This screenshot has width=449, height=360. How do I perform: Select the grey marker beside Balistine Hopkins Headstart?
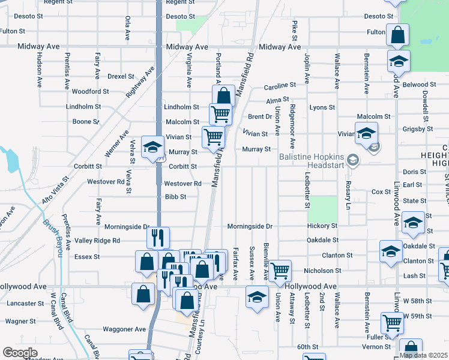pyautogui.click(x=353, y=159)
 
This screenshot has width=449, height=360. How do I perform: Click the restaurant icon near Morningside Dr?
pyautogui.click(x=158, y=237)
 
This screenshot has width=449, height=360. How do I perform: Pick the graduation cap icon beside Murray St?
pyautogui.click(x=152, y=146)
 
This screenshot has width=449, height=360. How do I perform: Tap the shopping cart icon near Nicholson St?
pyautogui.click(x=280, y=270)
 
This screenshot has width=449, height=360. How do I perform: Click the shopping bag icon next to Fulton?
pyautogui.click(x=397, y=34)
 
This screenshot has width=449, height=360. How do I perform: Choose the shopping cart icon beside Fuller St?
pyautogui.click(x=393, y=322)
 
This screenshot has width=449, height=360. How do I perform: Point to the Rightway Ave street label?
pyautogui.click(x=140, y=83)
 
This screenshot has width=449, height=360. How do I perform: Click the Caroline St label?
pyautogui.click(x=281, y=86)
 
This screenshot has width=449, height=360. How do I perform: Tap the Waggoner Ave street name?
pyautogui.click(x=124, y=329)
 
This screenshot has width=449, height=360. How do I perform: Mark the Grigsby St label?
pyautogui.click(x=418, y=128)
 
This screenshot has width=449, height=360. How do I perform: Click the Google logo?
pyautogui.click(x=20, y=352)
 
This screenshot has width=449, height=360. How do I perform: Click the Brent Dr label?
pyautogui.click(x=260, y=117)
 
